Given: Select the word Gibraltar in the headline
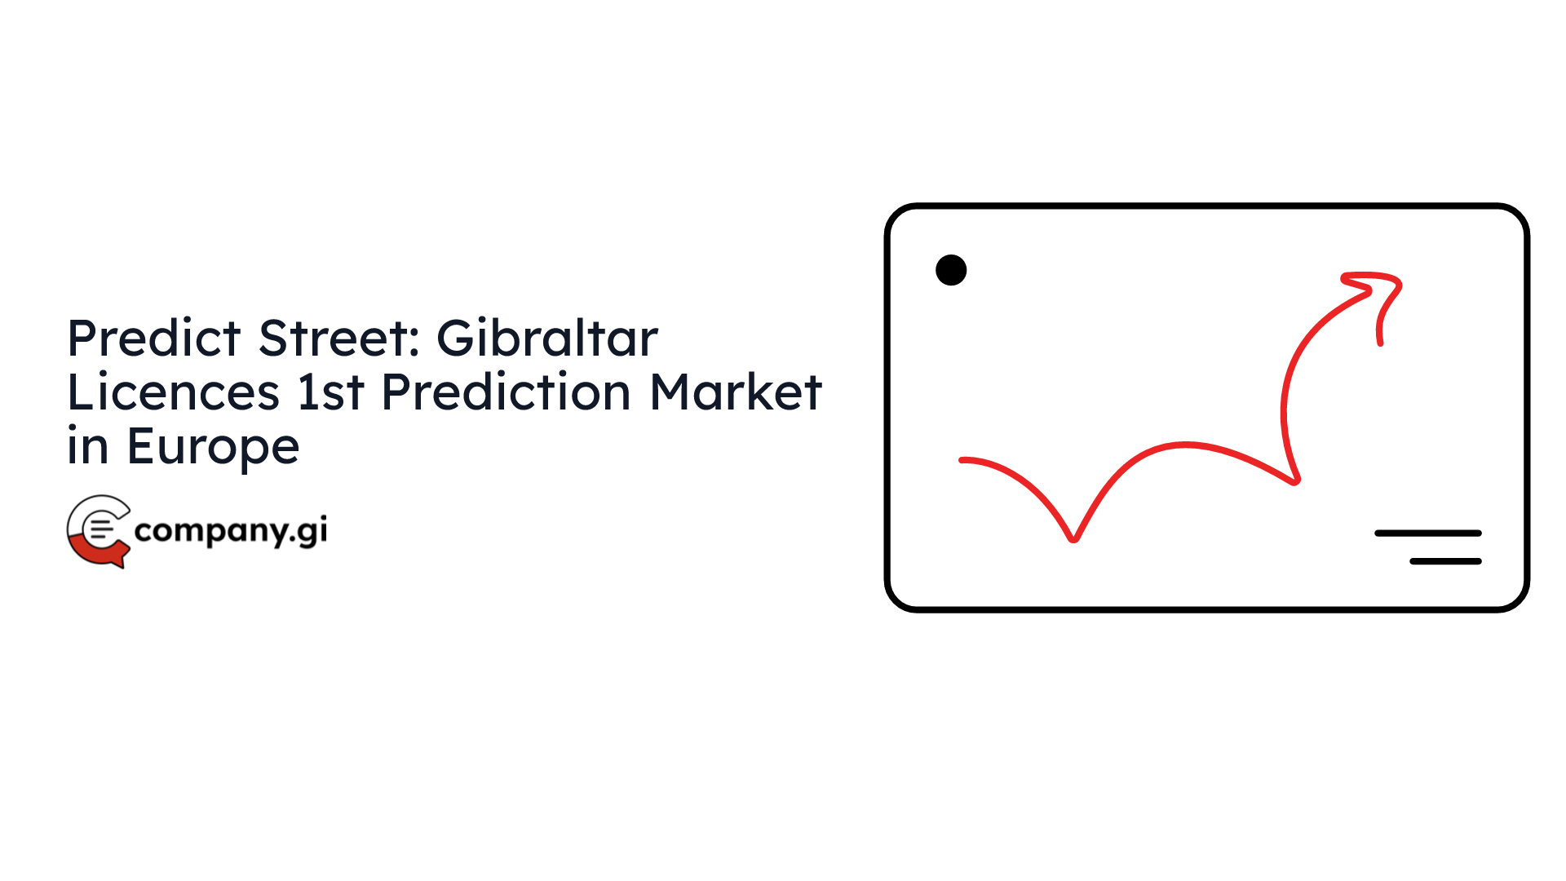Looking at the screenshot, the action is (547, 338).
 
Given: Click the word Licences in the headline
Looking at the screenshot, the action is (174, 392).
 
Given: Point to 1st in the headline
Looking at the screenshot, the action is (330, 392).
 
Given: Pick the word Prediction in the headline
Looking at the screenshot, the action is (507, 392).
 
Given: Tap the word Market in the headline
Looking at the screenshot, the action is (736, 392).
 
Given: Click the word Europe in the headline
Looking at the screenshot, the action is (214, 448).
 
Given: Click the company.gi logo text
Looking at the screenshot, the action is (231, 531).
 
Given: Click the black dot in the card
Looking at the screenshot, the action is (951, 270).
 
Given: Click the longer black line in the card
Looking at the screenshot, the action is (1428, 533).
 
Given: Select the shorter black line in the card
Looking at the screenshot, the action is (1446, 561).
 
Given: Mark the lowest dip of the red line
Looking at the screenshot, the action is (1074, 538).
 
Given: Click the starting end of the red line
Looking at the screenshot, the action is (962, 461).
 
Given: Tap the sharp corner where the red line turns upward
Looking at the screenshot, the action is (1295, 480).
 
